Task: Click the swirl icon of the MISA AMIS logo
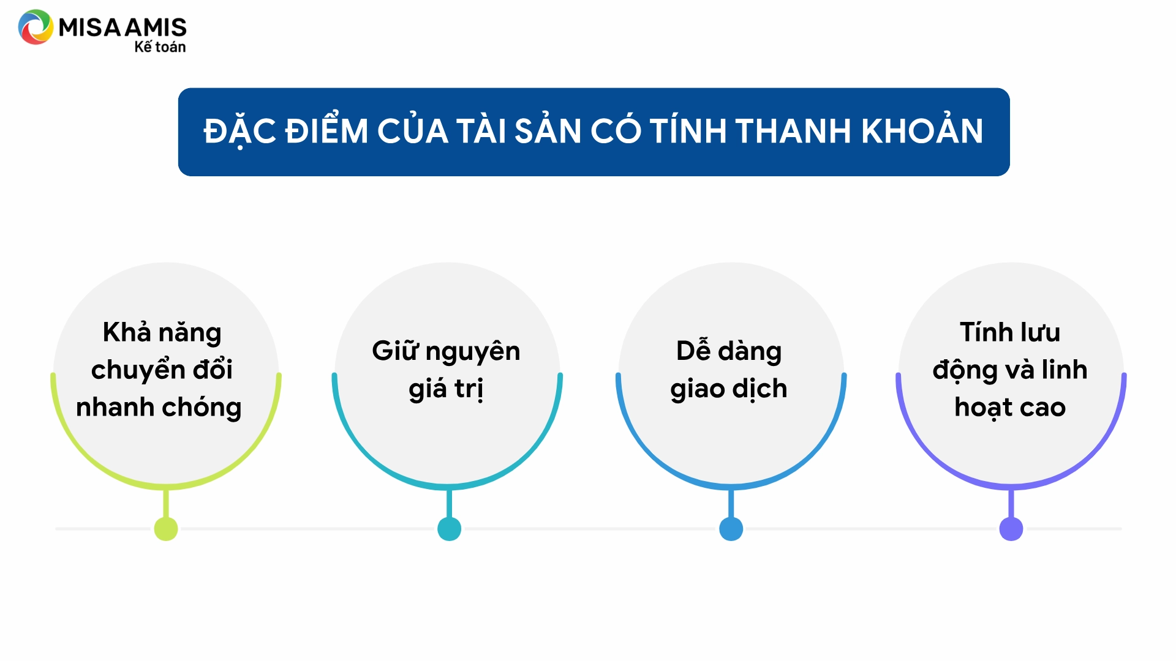[36, 27]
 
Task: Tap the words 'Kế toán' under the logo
[160, 47]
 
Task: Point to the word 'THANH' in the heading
[793, 131]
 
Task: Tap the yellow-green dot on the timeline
[166, 529]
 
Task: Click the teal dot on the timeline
[450, 529]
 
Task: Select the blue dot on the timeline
[731, 529]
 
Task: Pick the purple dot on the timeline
[1011, 529]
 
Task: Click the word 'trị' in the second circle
[469, 389]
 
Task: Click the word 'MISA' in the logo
[90, 28]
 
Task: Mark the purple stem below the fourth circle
[1011, 503]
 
